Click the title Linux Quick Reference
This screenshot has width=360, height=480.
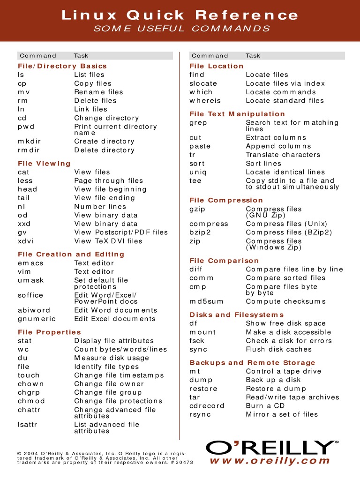pos(180,15)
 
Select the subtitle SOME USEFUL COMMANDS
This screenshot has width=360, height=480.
pos(182,29)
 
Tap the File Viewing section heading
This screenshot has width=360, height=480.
pos(44,163)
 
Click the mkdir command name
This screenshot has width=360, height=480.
pos(29,141)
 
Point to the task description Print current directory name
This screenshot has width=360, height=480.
pos(115,129)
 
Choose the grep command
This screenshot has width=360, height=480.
pos(198,123)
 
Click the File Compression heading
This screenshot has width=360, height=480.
pos(226,200)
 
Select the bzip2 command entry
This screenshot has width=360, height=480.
pos(200,232)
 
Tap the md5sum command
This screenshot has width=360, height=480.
pos(205,301)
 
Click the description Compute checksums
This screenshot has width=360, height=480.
pos(285,301)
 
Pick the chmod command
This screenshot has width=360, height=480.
pos(31,401)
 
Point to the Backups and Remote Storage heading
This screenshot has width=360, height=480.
pos(252,362)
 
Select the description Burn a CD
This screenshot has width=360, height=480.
pos(265,405)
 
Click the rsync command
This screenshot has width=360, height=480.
pos(200,414)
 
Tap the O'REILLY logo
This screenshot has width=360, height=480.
pos(272,448)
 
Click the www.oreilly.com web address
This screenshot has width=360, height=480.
pos(270,461)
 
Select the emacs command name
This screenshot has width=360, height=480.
pos(30,263)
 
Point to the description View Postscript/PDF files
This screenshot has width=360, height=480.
pos(120,232)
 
